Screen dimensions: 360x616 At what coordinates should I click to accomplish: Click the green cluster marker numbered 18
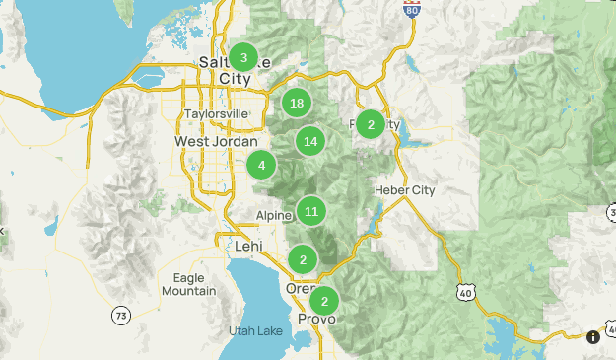(297, 103)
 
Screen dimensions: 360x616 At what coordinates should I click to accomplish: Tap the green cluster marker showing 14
(310, 141)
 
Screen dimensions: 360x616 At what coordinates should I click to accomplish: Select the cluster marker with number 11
(311, 211)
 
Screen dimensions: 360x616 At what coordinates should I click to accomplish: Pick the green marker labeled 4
(261, 165)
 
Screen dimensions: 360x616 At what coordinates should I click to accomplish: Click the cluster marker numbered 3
(243, 57)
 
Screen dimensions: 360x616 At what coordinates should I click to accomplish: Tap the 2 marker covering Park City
(371, 124)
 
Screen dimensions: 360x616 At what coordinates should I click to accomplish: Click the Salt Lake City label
(223, 71)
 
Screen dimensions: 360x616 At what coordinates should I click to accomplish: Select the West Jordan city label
(216, 142)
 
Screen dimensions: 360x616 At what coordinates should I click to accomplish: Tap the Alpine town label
(274, 216)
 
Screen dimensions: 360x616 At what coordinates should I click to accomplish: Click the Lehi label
(247, 246)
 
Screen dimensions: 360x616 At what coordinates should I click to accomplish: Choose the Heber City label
(404, 189)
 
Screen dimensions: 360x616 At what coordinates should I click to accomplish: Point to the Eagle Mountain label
(188, 284)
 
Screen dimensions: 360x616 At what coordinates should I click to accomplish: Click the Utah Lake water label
(255, 330)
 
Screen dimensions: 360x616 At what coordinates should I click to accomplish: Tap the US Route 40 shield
(465, 290)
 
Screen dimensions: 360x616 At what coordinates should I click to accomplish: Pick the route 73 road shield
(120, 316)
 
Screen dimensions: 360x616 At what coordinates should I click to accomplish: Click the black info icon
(593, 337)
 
